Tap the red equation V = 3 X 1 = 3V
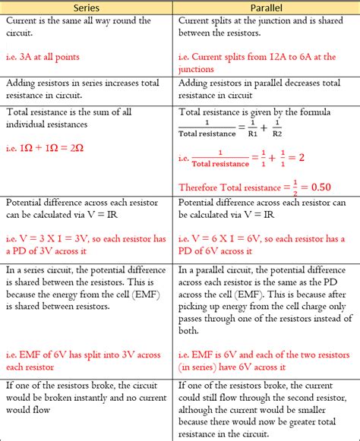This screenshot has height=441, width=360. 66,238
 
